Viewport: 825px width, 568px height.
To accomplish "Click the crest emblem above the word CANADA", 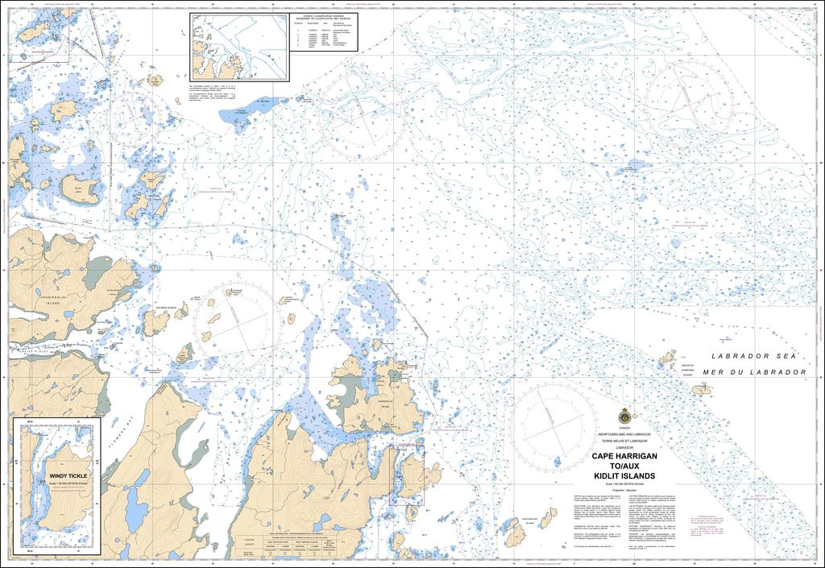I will coord(624,416).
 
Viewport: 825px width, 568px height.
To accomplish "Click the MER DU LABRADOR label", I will coord(754,372).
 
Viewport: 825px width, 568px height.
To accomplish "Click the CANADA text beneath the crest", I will coord(624,429).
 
